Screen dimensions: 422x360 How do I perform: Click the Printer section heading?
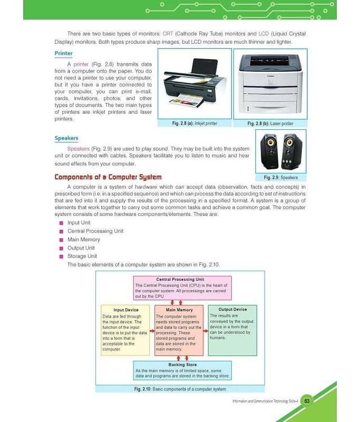[64, 53]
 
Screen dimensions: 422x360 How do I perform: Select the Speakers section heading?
[66, 138]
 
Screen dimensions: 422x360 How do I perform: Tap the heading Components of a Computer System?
[108, 177]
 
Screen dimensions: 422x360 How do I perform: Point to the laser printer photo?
[270, 84]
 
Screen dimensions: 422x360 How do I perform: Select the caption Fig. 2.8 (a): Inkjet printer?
[194, 123]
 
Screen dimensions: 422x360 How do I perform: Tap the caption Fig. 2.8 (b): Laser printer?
[270, 123]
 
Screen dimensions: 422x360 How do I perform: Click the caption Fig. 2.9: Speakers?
[281, 178]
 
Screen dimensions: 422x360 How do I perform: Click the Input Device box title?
[125, 310]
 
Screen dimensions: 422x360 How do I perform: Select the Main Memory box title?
[179, 310]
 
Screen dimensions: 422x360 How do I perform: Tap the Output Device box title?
[232, 310]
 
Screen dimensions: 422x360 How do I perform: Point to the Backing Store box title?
[182, 365]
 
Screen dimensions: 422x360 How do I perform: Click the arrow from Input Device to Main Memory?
[151, 332]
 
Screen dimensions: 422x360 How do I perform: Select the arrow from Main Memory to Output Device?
[206, 332]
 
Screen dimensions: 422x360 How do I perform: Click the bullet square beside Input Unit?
[62, 223]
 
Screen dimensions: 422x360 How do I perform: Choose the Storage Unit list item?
[82, 256]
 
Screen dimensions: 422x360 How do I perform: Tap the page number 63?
[307, 401]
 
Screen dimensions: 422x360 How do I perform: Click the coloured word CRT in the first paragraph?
[168, 34]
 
